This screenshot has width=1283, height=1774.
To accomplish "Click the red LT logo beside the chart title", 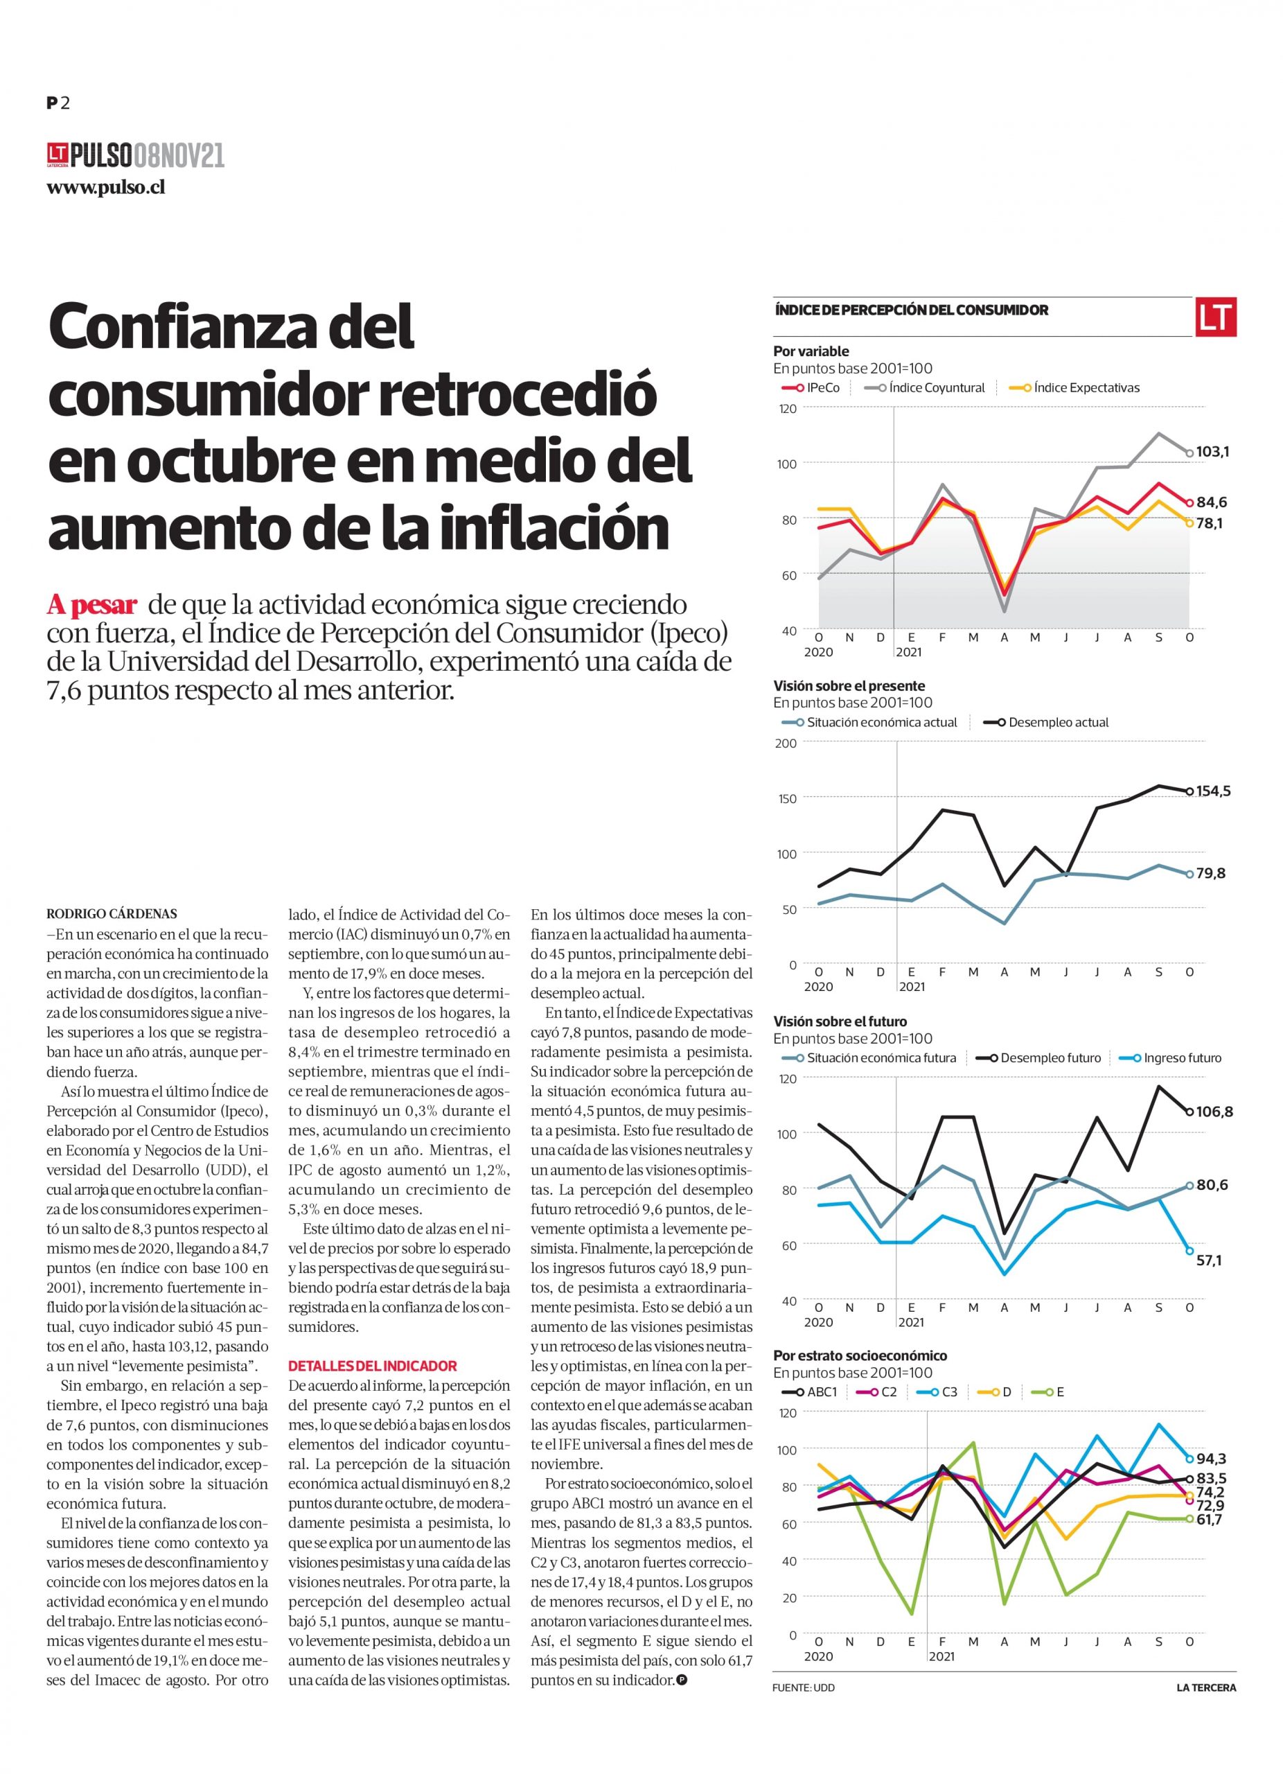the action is (x=1215, y=317).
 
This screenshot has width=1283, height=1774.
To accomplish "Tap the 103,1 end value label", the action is (x=1212, y=451).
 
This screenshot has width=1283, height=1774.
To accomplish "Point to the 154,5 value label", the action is (x=1214, y=791).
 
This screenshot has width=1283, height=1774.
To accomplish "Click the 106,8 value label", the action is (x=1215, y=1112).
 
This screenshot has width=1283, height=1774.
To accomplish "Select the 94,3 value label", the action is (x=1211, y=1459).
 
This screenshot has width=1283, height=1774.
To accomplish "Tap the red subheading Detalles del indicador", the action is (x=372, y=1366).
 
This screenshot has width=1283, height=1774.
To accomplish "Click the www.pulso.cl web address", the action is (x=105, y=188).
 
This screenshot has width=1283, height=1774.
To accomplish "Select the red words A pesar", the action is (x=92, y=606).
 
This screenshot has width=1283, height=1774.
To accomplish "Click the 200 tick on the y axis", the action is (x=785, y=742).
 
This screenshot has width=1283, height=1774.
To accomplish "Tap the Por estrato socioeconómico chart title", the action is (x=860, y=1355).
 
